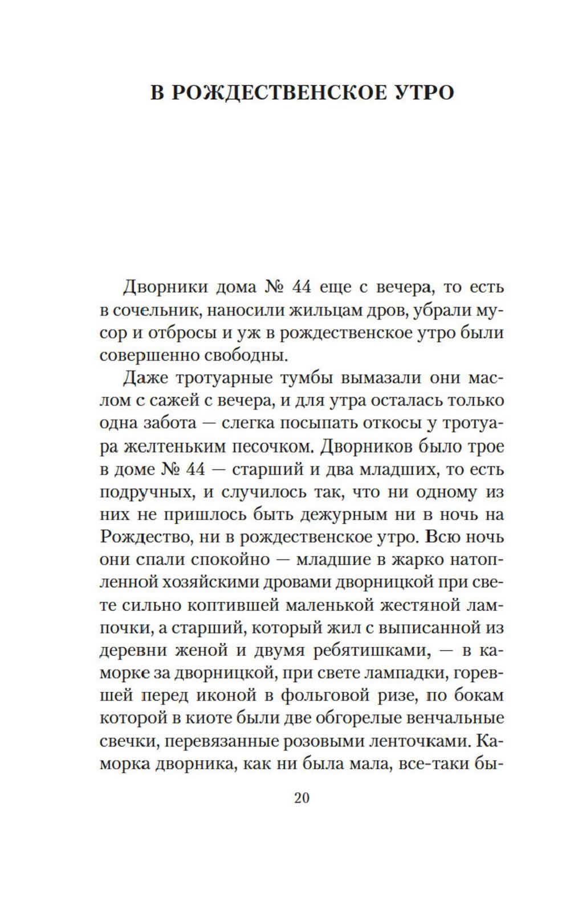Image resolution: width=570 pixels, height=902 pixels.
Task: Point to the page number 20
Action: pos(302,798)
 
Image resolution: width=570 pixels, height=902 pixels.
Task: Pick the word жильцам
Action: pos(320,311)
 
